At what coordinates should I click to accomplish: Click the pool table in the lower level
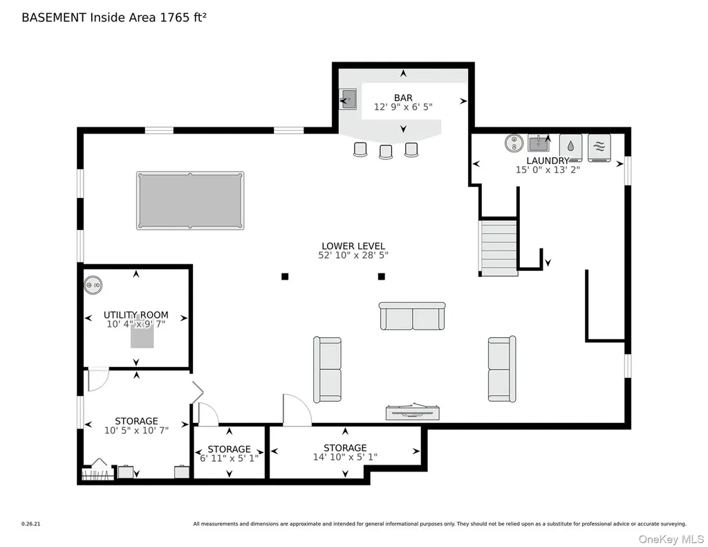(x=190, y=200)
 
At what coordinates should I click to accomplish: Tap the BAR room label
(x=403, y=98)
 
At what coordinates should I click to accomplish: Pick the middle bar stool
(x=386, y=152)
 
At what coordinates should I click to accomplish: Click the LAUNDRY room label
(x=548, y=161)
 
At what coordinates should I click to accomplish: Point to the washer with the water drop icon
(x=570, y=147)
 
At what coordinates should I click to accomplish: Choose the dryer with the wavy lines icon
(x=599, y=147)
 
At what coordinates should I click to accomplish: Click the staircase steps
(x=499, y=246)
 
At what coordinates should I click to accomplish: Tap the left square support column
(x=285, y=276)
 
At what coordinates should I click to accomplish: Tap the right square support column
(x=382, y=276)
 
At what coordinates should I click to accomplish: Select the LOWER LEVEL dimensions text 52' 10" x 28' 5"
(x=353, y=255)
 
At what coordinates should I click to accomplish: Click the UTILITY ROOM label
(x=136, y=314)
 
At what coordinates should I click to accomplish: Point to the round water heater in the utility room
(x=93, y=285)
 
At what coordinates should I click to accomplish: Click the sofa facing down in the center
(x=412, y=316)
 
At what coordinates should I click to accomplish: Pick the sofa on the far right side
(x=502, y=369)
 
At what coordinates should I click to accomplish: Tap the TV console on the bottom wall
(x=413, y=412)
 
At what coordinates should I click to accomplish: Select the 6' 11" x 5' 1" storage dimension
(x=230, y=458)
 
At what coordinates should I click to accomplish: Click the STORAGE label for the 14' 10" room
(x=345, y=447)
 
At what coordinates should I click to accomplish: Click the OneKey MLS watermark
(x=671, y=539)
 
